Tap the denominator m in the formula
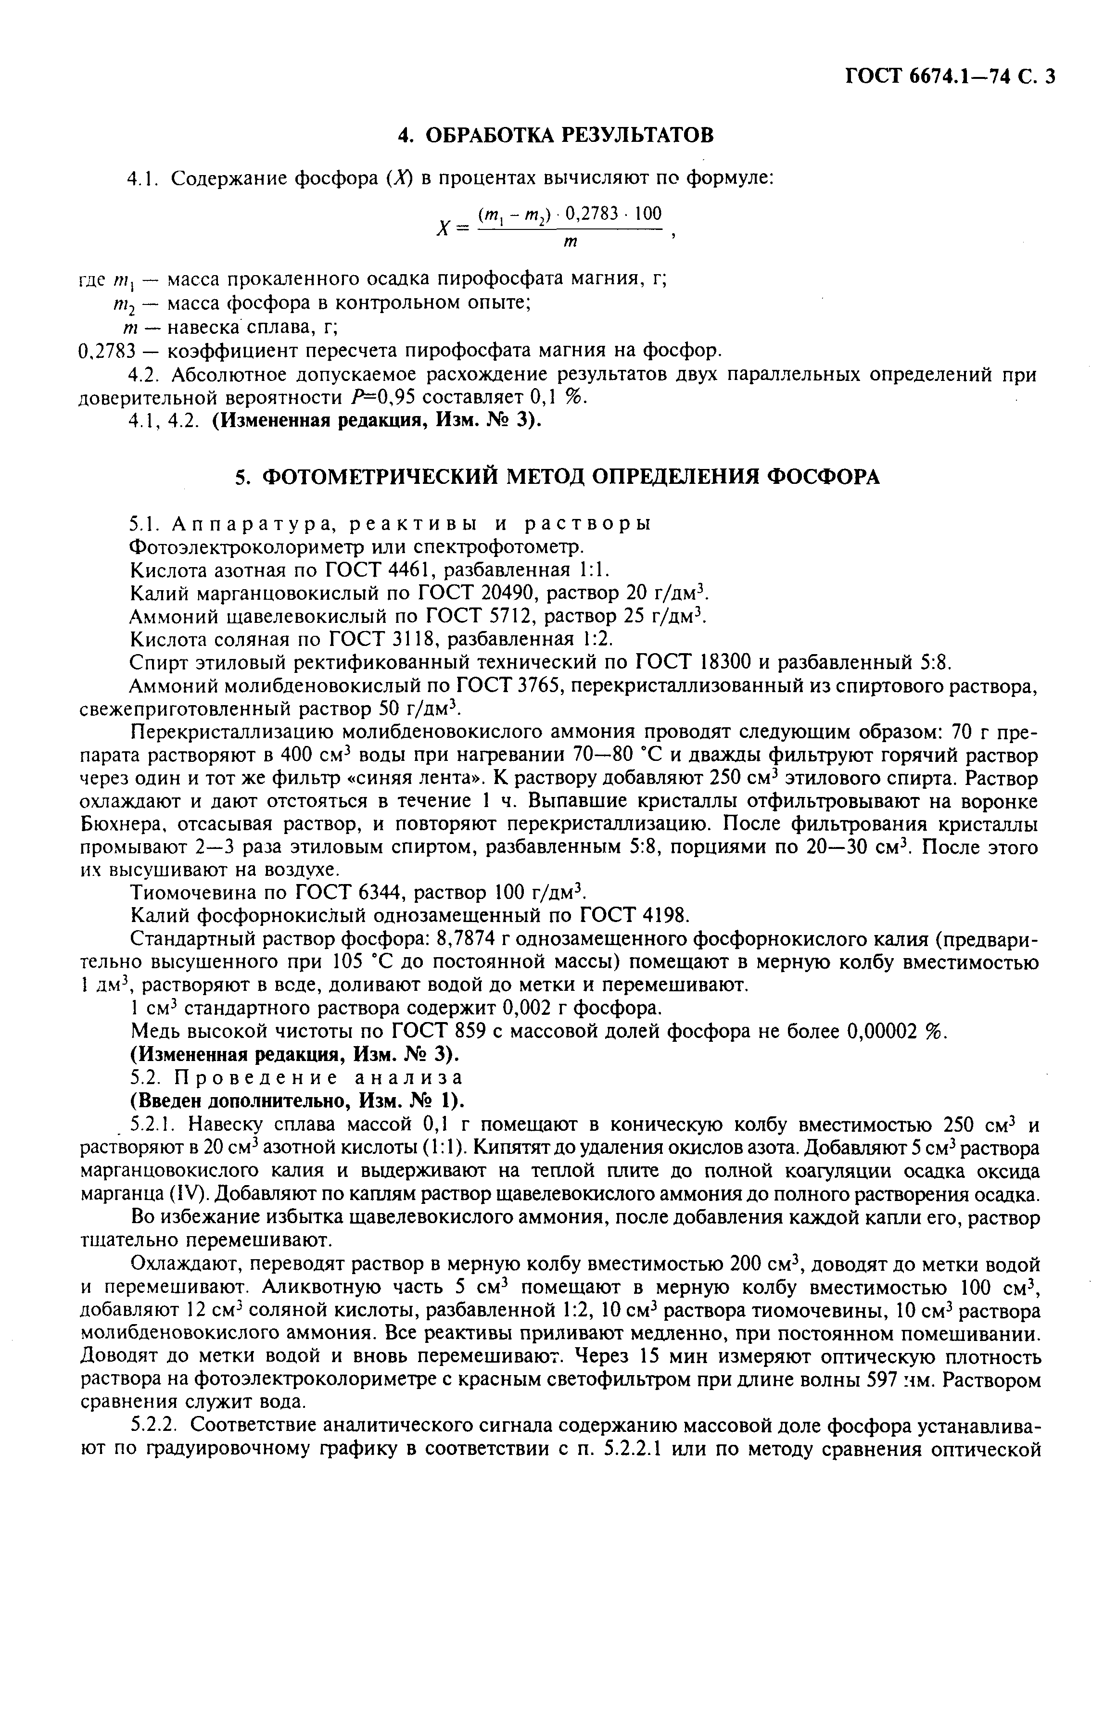click(x=570, y=243)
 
